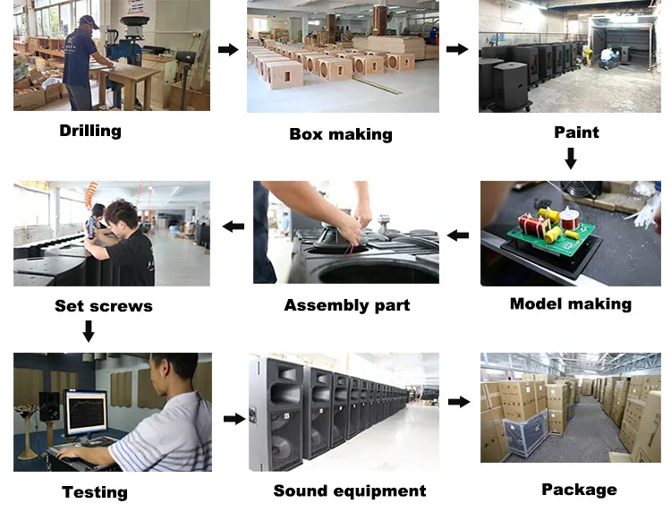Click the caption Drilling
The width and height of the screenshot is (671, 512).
point(89,131)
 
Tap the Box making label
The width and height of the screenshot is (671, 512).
point(341,134)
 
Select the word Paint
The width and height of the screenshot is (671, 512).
point(576,132)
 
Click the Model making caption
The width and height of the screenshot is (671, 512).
point(570,303)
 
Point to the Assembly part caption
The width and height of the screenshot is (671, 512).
point(347,305)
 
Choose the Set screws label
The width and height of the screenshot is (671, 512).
point(104,305)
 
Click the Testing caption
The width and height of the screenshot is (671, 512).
point(95,491)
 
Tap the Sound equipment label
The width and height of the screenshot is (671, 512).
point(350,491)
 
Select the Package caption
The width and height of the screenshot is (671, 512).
point(579,489)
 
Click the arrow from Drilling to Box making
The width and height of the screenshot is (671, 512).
point(228,49)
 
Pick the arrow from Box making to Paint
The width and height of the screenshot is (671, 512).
point(457,49)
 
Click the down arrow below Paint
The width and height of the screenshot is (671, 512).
point(570,159)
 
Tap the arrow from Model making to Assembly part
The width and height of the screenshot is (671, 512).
point(458,235)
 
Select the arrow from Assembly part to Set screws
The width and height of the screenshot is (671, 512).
point(234,226)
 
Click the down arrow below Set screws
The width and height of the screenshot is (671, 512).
point(89,332)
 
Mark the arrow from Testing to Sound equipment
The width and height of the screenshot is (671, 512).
point(234,418)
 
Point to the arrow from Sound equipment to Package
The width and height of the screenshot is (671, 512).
point(459,402)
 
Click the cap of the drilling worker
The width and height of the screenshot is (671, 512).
point(88,21)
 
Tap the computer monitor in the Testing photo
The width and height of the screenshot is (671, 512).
point(86,413)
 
